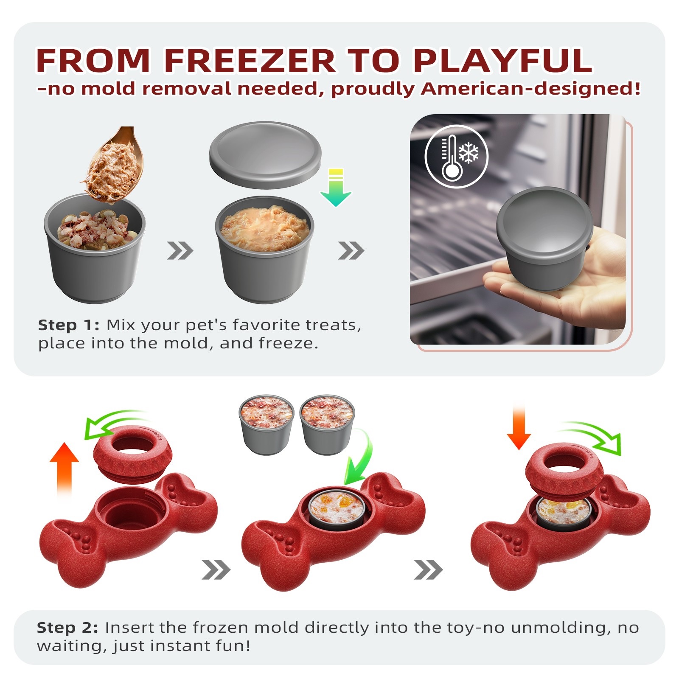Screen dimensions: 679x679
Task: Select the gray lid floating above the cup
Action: (265, 154)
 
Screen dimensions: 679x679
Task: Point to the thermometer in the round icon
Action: (451, 158)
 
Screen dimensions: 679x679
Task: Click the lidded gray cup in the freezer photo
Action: (544, 238)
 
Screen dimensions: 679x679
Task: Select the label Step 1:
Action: (68, 325)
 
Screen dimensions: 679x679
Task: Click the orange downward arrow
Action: (519, 428)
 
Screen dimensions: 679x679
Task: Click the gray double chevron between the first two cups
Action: (180, 251)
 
